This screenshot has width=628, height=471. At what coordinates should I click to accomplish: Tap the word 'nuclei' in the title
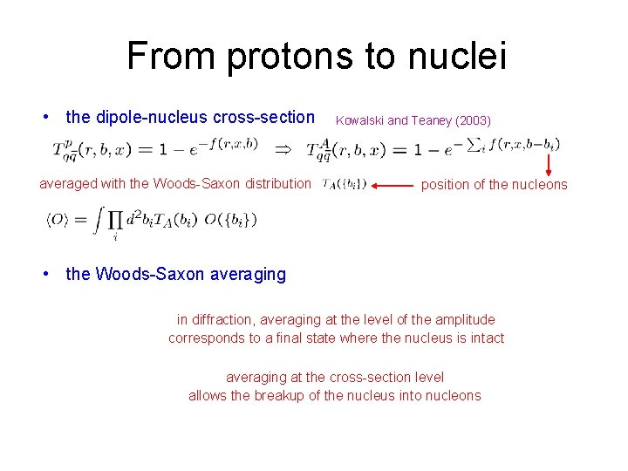click(x=454, y=57)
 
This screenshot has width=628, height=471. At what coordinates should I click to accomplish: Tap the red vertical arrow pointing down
click(x=550, y=162)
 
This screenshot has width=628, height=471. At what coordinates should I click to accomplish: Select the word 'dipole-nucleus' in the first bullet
click(x=149, y=117)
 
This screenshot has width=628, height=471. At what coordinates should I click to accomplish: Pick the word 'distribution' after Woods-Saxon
click(x=276, y=183)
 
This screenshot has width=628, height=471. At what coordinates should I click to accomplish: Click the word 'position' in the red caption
click(x=446, y=184)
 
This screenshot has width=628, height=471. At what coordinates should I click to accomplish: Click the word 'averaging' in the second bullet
click(x=248, y=274)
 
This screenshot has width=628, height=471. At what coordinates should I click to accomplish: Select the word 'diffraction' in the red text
click(x=225, y=320)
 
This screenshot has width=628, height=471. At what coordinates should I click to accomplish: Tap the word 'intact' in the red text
click(x=486, y=338)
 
